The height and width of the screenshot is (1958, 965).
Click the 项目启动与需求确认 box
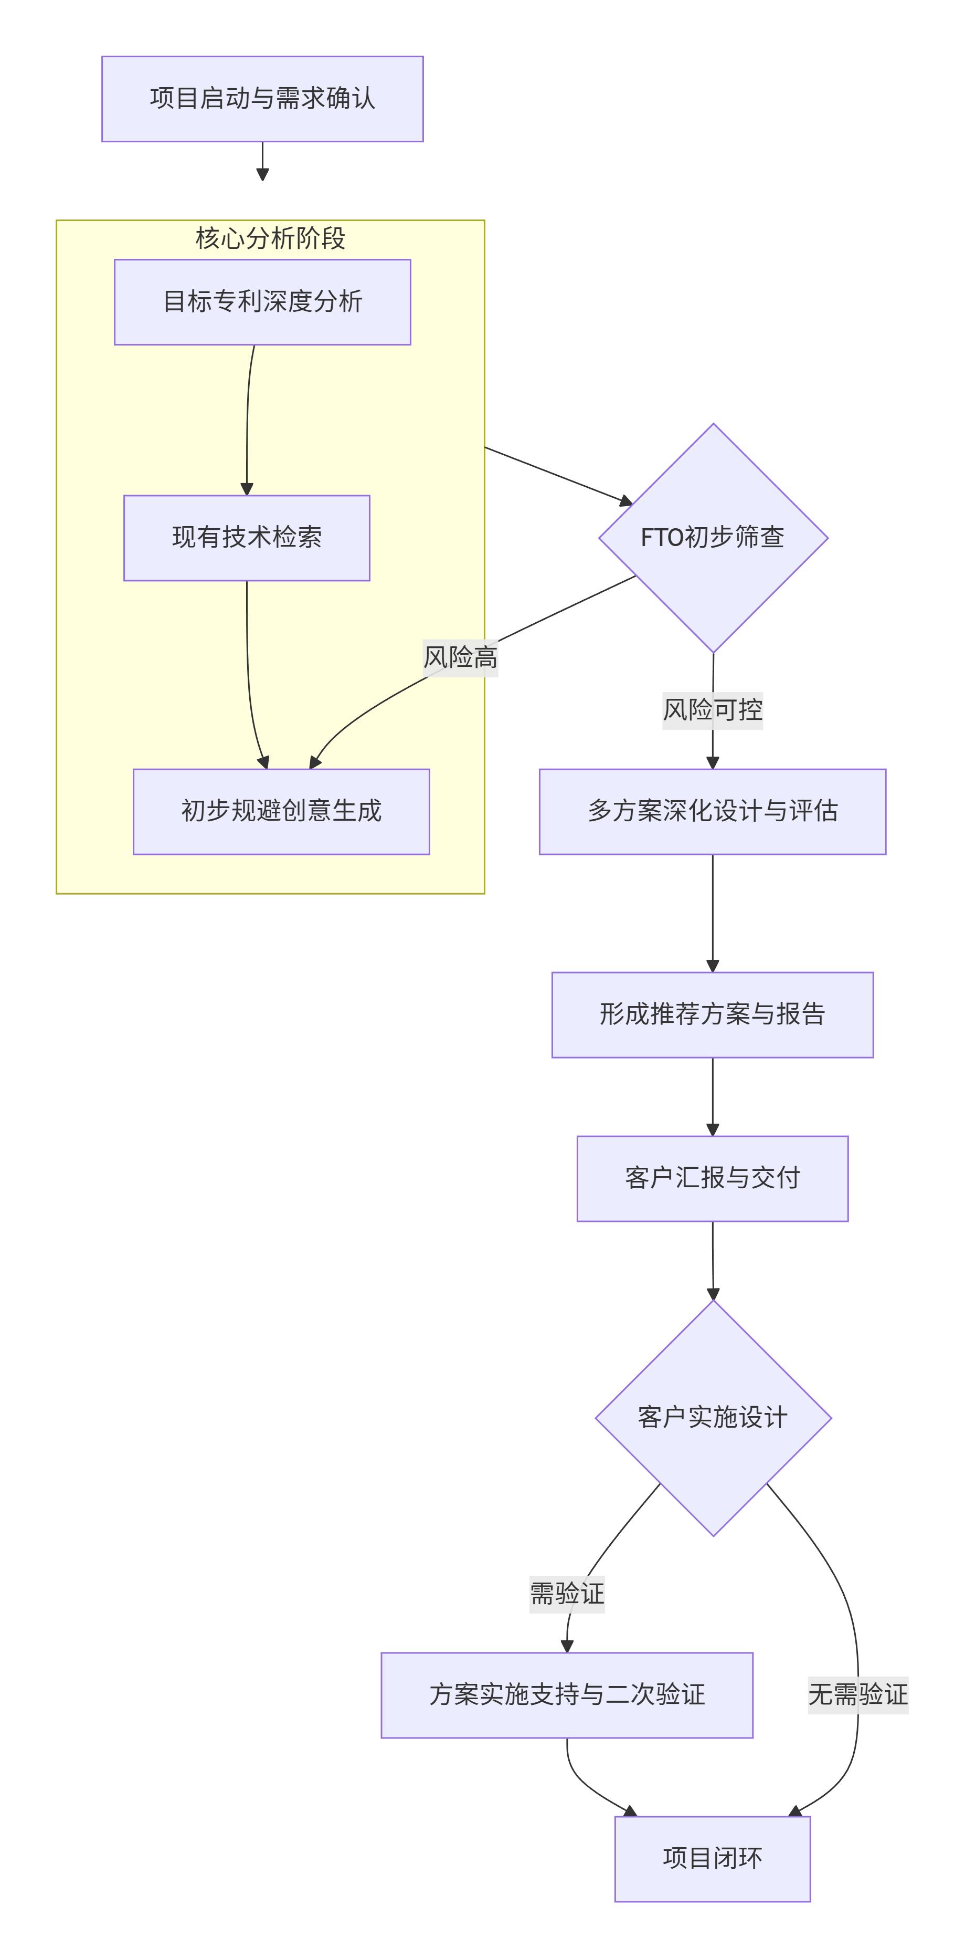(x=262, y=99)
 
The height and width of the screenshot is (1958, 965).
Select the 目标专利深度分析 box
(x=262, y=302)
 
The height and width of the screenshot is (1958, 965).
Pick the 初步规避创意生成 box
(x=281, y=811)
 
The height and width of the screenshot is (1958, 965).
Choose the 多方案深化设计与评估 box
(x=712, y=811)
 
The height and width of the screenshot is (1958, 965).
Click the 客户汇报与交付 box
(x=712, y=1178)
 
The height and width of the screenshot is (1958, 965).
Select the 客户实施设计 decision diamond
(x=713, y=1418)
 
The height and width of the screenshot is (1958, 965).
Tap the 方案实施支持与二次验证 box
(x=567, y=1694)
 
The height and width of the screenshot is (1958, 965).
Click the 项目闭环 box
(x=712, y=1858)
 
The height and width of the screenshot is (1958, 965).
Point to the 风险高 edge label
(x=461, y=657)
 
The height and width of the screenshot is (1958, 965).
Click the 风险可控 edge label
(x=712, y=710)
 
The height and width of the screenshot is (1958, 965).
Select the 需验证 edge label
(x=567, y=1593)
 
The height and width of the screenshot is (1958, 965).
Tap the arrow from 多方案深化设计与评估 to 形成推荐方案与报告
(x=712, y=912)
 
